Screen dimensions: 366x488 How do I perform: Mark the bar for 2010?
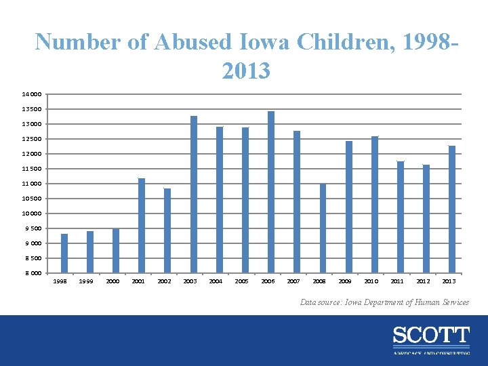375,204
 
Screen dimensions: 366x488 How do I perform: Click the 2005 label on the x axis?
241,281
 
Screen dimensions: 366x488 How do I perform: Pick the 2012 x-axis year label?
423,281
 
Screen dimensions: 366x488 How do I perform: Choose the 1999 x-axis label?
86,281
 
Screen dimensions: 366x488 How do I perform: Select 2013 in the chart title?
245,70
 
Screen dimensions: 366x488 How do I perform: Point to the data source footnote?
384,302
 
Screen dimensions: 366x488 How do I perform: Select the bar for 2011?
401,217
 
